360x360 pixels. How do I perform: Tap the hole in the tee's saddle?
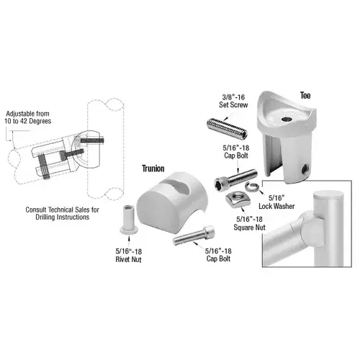pos(287,117)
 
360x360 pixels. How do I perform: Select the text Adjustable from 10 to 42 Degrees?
pos(28,118)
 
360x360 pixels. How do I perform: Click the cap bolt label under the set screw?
pos(235,153)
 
